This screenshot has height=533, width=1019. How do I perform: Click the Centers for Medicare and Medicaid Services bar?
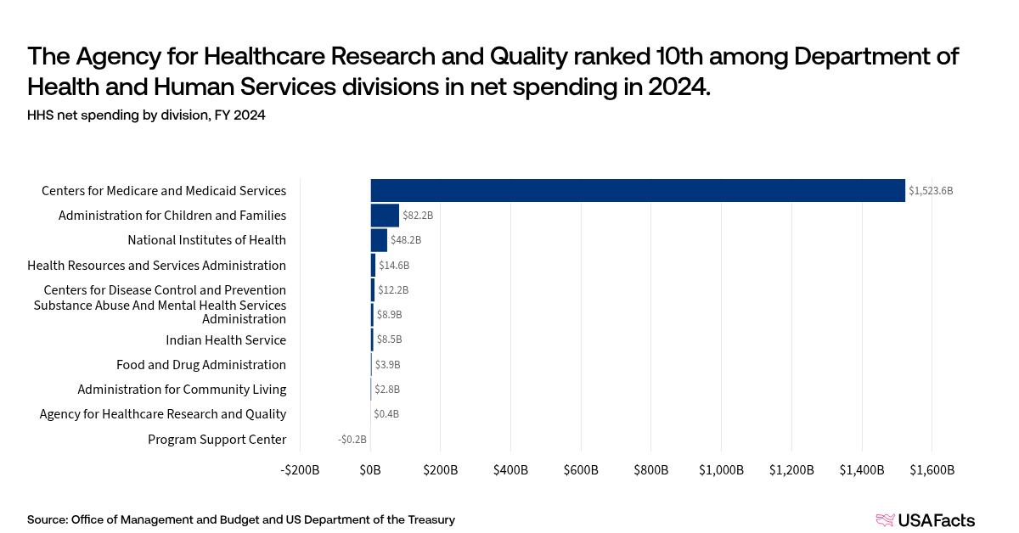(637, 191)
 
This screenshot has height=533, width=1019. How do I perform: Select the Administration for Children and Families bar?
(385, 216)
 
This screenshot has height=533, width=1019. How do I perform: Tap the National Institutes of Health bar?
(379, 240)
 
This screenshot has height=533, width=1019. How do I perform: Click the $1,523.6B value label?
(931, 191)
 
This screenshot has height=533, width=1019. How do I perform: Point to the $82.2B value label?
(418, 216)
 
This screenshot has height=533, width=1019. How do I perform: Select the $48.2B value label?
(406, 240)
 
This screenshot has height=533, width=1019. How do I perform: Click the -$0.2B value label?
(352, 440)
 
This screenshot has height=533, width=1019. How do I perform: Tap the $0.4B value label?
(387, 414)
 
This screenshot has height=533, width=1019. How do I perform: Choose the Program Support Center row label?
(217, 440)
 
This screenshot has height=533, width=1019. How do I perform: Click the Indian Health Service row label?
(226, 340)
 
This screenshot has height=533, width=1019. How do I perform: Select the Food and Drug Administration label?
(201, 365)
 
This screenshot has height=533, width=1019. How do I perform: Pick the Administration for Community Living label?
(182, 390)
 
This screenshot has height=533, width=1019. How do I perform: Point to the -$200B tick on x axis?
(301, 470)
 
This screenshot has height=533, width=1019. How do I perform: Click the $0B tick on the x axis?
(371, 470)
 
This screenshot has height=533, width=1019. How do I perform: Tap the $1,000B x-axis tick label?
(721, 470)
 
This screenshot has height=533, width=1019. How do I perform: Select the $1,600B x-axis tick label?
(932, 470)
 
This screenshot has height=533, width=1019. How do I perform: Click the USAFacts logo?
(925, 520)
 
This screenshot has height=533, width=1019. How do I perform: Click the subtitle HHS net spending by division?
(146, 115)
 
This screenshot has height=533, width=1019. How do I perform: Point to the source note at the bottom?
(241, 519)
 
